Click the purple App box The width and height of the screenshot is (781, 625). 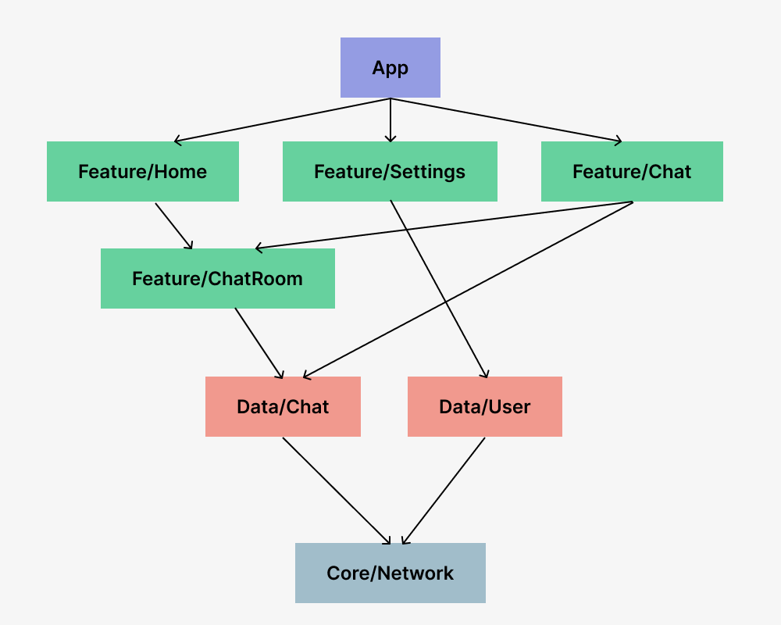click(390, 67)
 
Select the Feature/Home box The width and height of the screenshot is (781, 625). click(143, 171)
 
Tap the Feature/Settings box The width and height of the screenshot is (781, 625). click(390, 171)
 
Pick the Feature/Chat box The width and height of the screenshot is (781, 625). click(632, 171)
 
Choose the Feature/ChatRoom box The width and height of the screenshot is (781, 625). click(218, 279)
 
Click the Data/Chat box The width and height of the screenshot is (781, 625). click(283, 407)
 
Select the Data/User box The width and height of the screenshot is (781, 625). click(485, 407)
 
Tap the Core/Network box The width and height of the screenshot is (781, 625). click(390, 573)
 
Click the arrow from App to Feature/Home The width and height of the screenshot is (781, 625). click(283, 120)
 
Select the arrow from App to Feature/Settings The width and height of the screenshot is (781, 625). click(390, 120)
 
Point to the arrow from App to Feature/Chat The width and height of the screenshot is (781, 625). click(507, 120)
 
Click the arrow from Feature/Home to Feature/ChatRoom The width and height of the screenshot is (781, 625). click(174, 226)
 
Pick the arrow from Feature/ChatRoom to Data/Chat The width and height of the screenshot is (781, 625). click(259, 344)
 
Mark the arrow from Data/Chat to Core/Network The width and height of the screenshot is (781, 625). click(337, 491)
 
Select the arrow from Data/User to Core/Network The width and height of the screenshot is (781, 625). click(444, 491)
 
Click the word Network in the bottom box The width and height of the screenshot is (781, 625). click(415, 573)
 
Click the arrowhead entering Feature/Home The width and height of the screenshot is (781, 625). click(178, 141)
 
